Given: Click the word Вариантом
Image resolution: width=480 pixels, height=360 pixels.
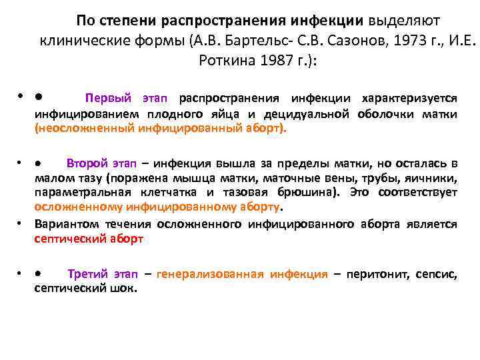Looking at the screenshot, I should [66, 224].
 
